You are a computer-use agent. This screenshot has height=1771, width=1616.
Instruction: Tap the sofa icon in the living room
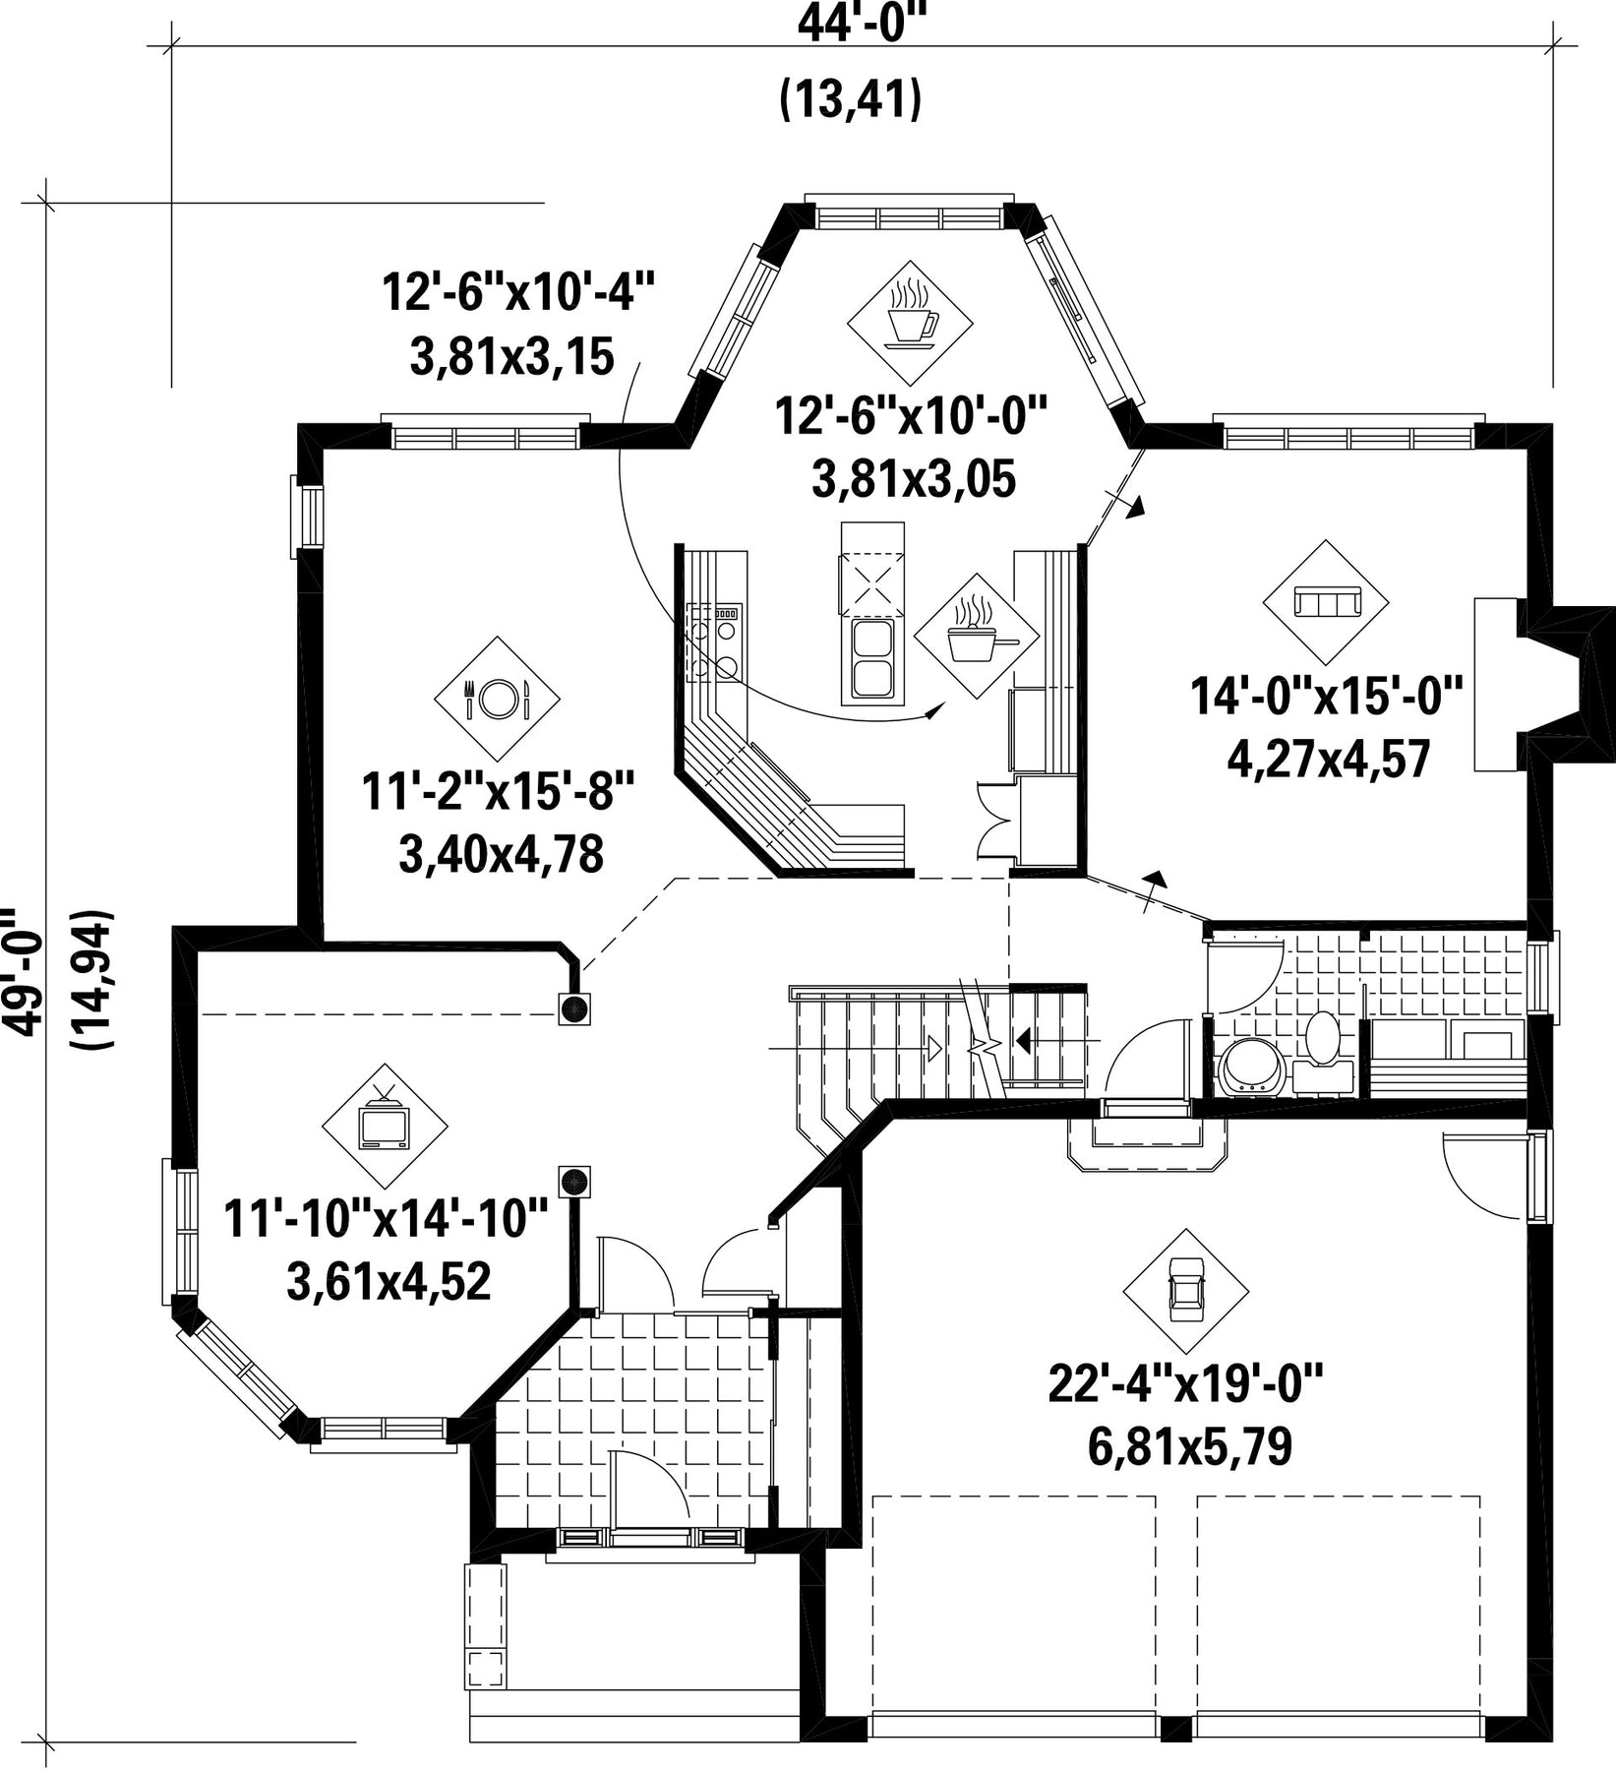(x=1325, y=601)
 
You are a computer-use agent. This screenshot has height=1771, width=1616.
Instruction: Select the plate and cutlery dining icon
(x=497, y=699)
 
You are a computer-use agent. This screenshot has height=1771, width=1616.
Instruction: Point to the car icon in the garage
(x=1185, y=1291)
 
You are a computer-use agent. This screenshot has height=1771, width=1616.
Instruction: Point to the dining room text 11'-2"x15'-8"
(x=501, y=792)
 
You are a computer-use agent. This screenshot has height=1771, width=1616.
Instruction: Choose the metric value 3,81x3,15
(x=511, y=356)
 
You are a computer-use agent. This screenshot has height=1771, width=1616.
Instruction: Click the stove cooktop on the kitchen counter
(x=714, y=642)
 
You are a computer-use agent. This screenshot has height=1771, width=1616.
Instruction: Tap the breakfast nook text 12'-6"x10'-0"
(x=912, y=415)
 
